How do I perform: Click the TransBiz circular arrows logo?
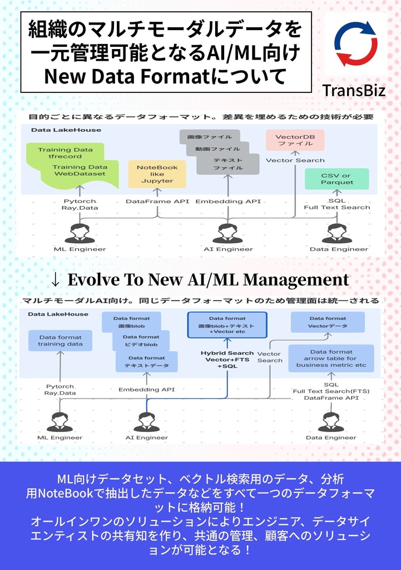(x=355, y=44)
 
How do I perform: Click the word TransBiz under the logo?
(x=354, y=90)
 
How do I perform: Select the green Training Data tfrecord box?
(x=65, y=153)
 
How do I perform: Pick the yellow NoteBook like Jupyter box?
(x=157, y=174)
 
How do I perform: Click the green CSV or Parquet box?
(x=336, y=179)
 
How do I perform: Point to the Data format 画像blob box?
(x=131, y=322)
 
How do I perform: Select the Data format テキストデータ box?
(x=147, y=362)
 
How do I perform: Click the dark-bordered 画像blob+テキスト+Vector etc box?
(x=227, y=325)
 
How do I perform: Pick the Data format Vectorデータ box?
(x=328, y=322)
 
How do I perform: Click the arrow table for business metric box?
(x=331, y=358)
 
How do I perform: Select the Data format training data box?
(x=60, y=341)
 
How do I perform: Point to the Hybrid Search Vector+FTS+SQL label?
(x=227, y=360)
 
